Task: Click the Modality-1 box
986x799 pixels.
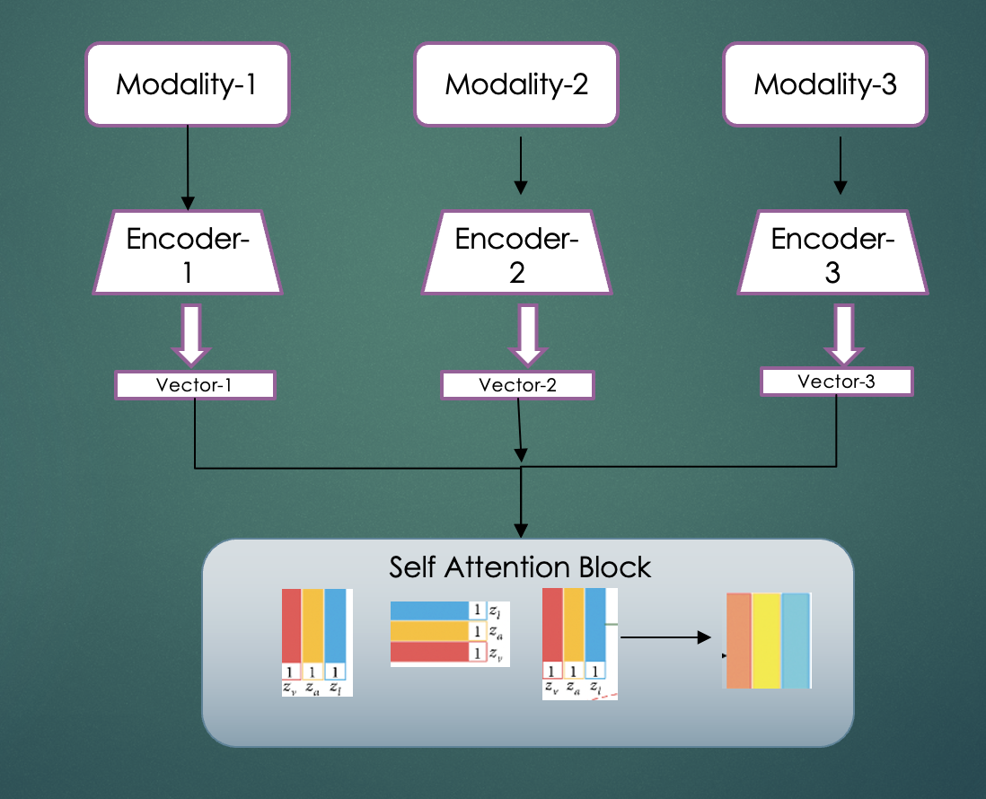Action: coord(188,85)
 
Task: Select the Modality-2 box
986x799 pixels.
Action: coord(516,85)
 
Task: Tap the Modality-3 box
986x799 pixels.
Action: coord(825,85)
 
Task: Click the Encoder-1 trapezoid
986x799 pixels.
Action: coord(188,254)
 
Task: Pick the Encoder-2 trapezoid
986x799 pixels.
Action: coord(516,254)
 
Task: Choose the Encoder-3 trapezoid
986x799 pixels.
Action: coord(832,254)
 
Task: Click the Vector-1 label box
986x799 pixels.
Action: coord(194,385)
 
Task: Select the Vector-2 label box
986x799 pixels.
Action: coord(517,385)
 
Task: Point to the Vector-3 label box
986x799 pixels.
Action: coord(836,382)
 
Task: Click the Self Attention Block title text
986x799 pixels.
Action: coord(520,567)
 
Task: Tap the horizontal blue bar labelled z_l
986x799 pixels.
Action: coord(430,610)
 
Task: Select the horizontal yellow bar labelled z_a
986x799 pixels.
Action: coord(430,631)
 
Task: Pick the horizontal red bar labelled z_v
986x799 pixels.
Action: coord(430,653)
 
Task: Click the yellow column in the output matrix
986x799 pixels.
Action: coord(766,640)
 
